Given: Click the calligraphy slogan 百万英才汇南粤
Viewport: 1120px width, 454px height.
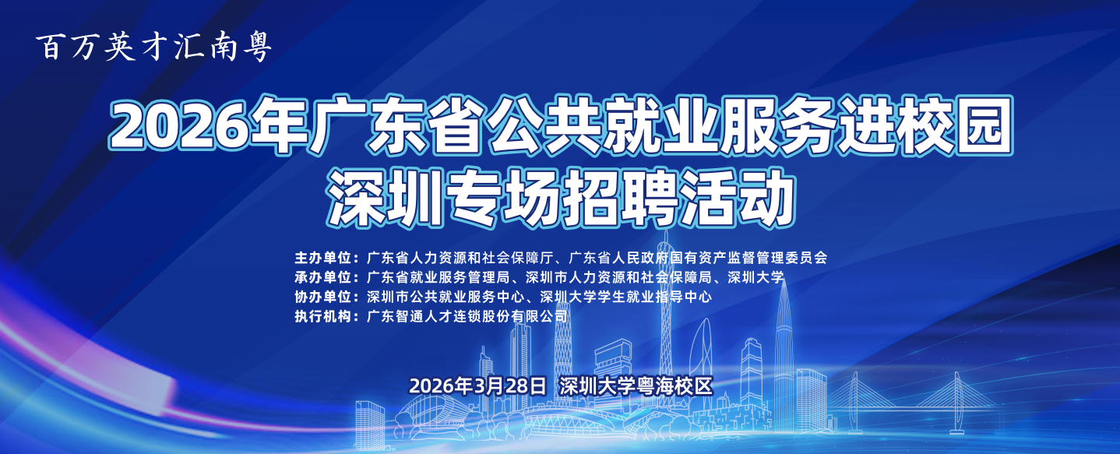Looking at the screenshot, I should click(x=154, y=48).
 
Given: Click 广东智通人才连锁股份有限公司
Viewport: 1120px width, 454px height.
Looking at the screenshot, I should click(x=467, y=317).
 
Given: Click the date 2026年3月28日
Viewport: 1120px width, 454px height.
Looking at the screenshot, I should click(x=478, y=385).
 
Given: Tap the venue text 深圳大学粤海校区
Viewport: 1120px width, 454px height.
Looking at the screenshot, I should click(x=636, y=385).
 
